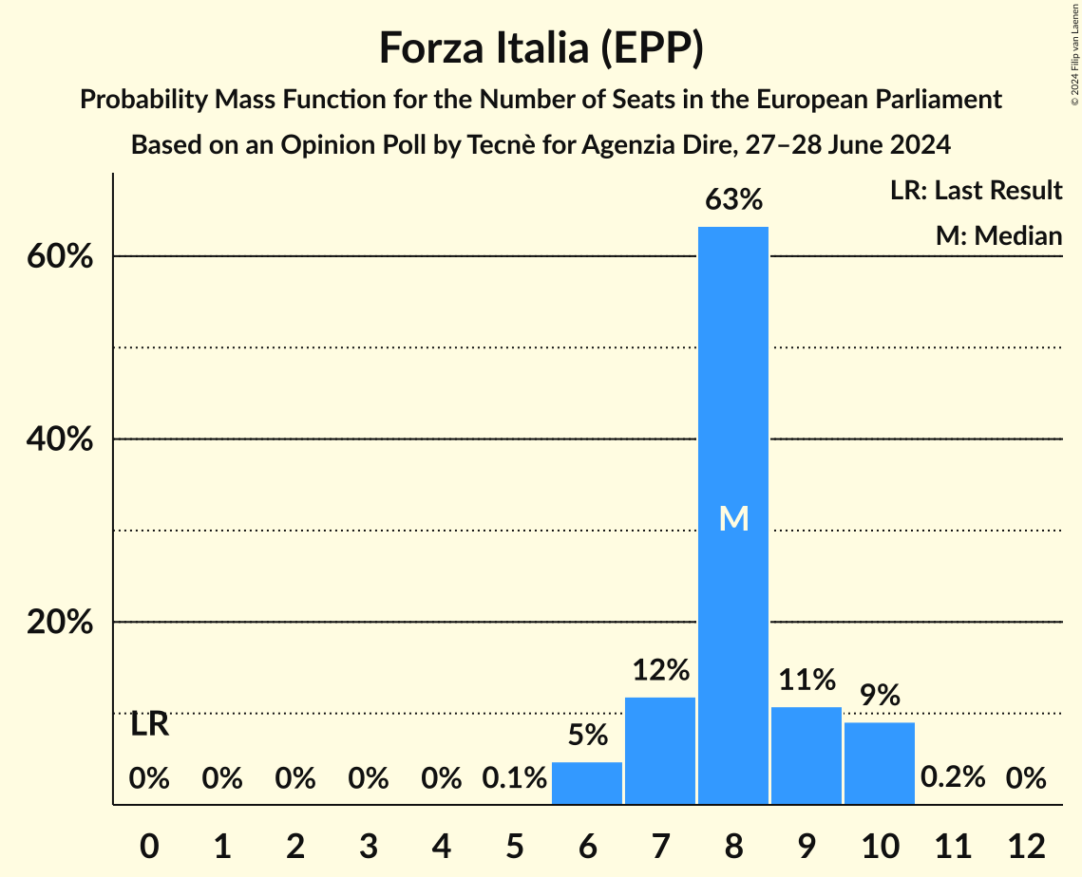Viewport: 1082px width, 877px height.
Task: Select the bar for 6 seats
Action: coord(587,783)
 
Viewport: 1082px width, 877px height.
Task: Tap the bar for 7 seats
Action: coord(660,751)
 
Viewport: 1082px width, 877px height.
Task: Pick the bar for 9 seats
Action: coord(807,756)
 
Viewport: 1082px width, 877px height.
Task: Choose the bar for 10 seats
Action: coord(880,763)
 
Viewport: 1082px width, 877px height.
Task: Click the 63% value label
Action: coord(733,200)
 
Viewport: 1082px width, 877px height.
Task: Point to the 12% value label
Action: coord(660,671)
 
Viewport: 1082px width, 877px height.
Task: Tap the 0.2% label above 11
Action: coord(953,778)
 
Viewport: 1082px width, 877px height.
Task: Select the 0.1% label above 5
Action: coord(514,778)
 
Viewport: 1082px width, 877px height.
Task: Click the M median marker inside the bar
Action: coord(733,518)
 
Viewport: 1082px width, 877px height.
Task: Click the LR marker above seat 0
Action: coord(149,725)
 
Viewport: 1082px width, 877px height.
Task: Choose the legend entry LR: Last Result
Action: coord(976,191)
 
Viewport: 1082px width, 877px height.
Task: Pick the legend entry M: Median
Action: coord(998,235)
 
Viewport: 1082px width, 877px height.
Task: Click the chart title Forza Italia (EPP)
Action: coord(541,48)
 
